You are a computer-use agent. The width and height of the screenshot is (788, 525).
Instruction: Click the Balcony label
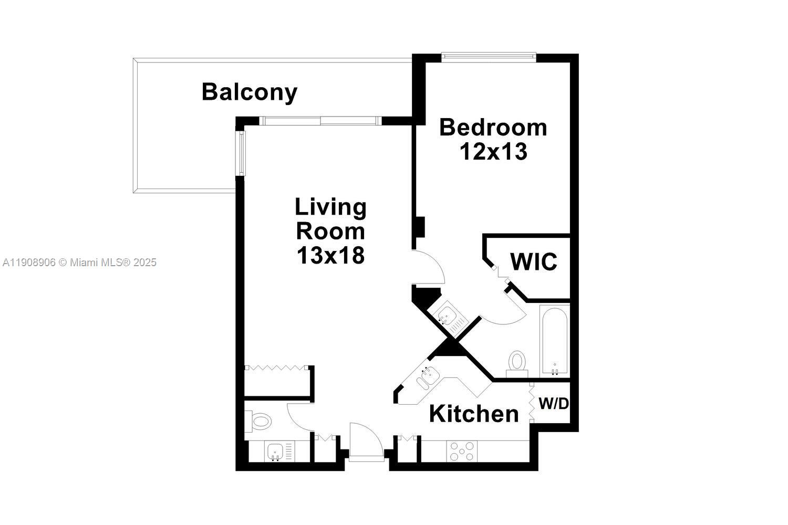click(x=250, y=92)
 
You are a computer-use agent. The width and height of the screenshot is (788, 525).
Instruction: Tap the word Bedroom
click(x=493, y=128)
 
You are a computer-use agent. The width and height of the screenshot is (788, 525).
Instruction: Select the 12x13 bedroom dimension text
click(x=493, y=152)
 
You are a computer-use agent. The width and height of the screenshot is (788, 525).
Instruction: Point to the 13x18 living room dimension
click(x=330, y=256)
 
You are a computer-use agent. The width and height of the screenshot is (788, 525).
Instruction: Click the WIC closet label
click(x=534, y=261)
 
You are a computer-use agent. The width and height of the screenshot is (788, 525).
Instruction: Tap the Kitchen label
click(x=474, y=414)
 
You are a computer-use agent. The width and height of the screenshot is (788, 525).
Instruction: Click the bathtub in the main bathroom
click(x=554, y=342)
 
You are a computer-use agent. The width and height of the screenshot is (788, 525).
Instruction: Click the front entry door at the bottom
click(x=366, y=444)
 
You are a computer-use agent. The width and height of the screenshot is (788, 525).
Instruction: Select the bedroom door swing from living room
click(x=428, y=268)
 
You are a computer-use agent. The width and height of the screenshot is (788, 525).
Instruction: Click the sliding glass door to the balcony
click(x=320, y=121)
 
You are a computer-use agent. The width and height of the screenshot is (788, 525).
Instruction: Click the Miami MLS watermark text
click(x=79, y=262)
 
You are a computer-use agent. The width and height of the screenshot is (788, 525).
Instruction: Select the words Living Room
click(x=330, y=219)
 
